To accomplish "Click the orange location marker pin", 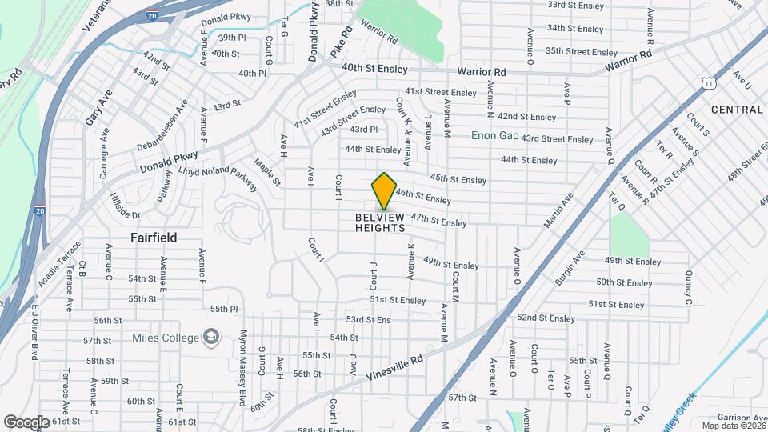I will (384, 191).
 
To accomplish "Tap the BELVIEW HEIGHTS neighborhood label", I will (380, 222).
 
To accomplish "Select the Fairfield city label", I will (154, 238).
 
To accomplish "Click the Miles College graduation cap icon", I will (211, 337).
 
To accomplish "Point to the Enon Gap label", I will (494, 135).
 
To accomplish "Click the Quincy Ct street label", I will (688, 287).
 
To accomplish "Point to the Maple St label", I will (267, 173).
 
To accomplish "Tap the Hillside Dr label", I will (124, 205).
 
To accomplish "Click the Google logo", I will (26, 422).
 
